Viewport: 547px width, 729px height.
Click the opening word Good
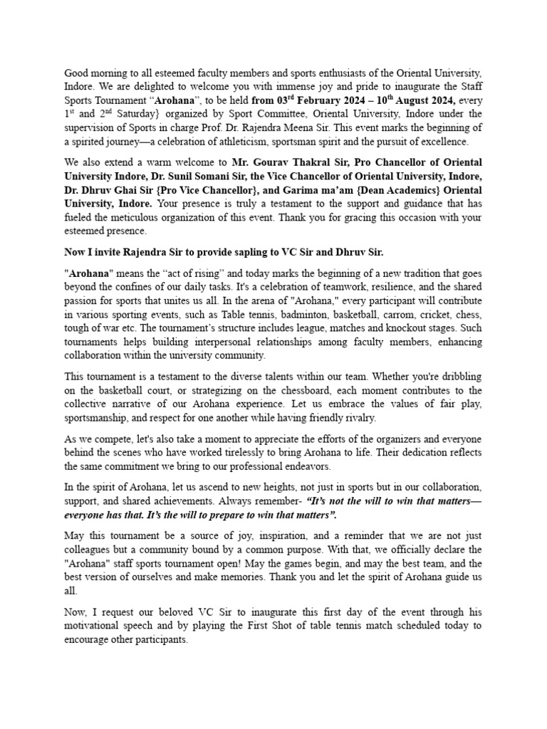pyautogui.click(x=77, y=73)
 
